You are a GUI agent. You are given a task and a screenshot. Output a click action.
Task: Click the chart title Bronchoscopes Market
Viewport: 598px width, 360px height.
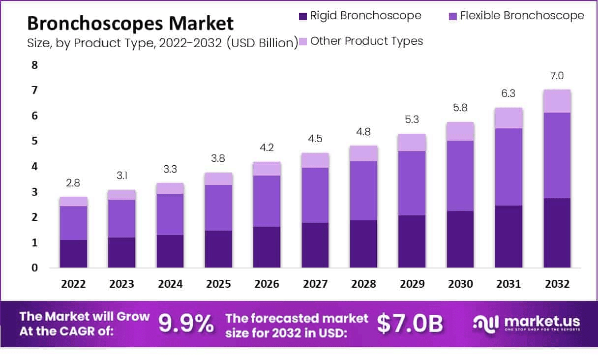pyautogui.click(x=130, y=23)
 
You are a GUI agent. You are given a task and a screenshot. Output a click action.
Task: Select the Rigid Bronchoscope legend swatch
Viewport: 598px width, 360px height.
pyautogui.click(x=302, y=16)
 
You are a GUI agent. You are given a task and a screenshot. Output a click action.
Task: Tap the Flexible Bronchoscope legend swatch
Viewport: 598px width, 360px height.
pyautogui.click(x=452, y=16)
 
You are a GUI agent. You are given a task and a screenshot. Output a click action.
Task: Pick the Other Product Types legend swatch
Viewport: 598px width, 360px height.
pyautogui.click(x=302, y=41)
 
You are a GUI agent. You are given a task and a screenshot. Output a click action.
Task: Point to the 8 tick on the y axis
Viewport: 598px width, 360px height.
pyautogui.click(x=34, y=65)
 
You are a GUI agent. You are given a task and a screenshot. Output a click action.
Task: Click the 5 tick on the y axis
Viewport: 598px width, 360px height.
pyautogui.click(x=34, y=142)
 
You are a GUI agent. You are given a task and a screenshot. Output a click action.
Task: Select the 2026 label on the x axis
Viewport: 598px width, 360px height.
pyautogui.click(x=267, y=284)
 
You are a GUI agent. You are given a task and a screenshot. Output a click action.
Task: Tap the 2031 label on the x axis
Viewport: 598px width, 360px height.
pyautogui.click(x=509, y=284)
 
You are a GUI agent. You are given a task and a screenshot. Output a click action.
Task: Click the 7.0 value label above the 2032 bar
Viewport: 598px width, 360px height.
pyautogui.click(x=557, y=76)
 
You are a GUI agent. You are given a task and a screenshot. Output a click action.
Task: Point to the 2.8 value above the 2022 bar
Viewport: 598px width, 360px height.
pyautogui.click(x=73, y=183)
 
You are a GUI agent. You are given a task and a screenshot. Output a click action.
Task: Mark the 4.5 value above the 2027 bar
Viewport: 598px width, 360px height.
pyautogui.click(x=315, y=139)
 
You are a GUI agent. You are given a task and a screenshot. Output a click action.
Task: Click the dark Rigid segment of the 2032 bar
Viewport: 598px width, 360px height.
pyautogui.click(x=557, y=233)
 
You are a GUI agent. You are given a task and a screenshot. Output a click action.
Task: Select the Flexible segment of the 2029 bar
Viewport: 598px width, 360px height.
pyautogui.click(x=412, y=183)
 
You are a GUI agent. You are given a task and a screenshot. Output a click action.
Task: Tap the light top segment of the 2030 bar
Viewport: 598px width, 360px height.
pyautogui.click(x=460, y=131)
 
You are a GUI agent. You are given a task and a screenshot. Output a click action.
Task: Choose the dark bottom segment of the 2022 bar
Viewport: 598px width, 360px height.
pyautogui.click(x=73, y=254)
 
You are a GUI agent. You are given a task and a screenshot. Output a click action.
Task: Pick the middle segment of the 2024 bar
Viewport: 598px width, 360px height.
pyautogui.click(x=170, y=214)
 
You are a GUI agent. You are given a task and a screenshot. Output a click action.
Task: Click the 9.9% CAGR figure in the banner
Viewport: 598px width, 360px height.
pyautogui.click(x=186, y=324)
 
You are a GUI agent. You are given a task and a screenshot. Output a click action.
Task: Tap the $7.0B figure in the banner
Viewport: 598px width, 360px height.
pyautogui.click(x=410, y=324)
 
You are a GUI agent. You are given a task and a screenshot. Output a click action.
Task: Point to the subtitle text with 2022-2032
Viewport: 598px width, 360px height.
pyautogui.click(x=162, y=43)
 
